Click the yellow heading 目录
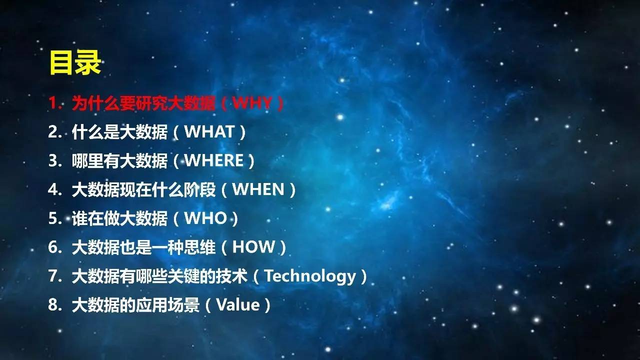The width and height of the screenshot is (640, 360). pos(75,63)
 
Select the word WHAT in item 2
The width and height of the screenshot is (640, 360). pos(209,131)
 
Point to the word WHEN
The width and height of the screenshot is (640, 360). pos(258,189)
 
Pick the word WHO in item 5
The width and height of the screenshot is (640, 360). pos(205,218)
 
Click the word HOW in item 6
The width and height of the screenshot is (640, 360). pos(253,247)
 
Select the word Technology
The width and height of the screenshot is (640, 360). pos(310,276)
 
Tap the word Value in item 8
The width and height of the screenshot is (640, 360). pos(238,305)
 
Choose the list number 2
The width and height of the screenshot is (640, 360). pos(53,131)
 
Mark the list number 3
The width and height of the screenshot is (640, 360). pos(53,160)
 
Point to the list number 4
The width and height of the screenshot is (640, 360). pos(53,189)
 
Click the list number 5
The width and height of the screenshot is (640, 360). pos(53,218)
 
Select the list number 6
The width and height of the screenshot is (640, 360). pos(53,247)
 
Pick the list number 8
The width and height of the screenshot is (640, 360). pos(53,304)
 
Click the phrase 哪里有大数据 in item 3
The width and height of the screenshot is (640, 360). pos(119,160)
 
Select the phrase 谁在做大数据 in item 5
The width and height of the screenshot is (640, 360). pos(119,218)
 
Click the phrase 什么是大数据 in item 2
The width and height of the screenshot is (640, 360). pos(119,131)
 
